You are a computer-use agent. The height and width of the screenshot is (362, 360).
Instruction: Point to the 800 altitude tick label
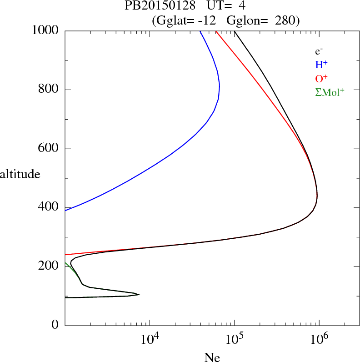click(49, 90)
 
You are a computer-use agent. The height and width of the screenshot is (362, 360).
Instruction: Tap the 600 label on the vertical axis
click(49, 149)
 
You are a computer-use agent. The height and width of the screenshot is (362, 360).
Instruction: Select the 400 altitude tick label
click(49, 207)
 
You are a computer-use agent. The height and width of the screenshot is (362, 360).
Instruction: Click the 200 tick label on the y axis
click(49, 266)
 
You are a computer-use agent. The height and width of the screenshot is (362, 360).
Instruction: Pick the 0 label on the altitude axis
click(55, 325)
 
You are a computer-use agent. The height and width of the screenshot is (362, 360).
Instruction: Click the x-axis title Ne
click(211, 357)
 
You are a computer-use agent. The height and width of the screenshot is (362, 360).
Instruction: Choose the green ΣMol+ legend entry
click(329, 92)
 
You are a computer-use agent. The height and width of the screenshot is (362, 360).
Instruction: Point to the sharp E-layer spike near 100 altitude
click(138, 295)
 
